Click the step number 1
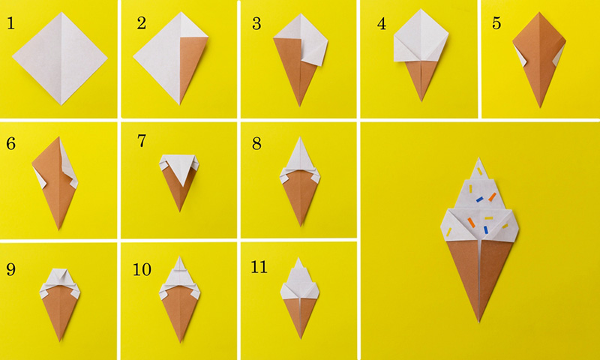tap(10, 23)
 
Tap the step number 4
tap(382, 24)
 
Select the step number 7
tap(142, 141)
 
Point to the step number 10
tap(142, 269)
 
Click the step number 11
tap(259, 267)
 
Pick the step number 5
tap(496, 23)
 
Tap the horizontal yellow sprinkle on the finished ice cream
tap(489, 218)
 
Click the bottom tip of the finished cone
tap(478, 322)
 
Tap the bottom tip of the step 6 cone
tap(58, 229)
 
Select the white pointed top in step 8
tap(301, 154)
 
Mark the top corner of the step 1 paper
tap(61, 13)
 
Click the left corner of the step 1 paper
tap(13, 57)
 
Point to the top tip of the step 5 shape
tap(539, 13)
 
